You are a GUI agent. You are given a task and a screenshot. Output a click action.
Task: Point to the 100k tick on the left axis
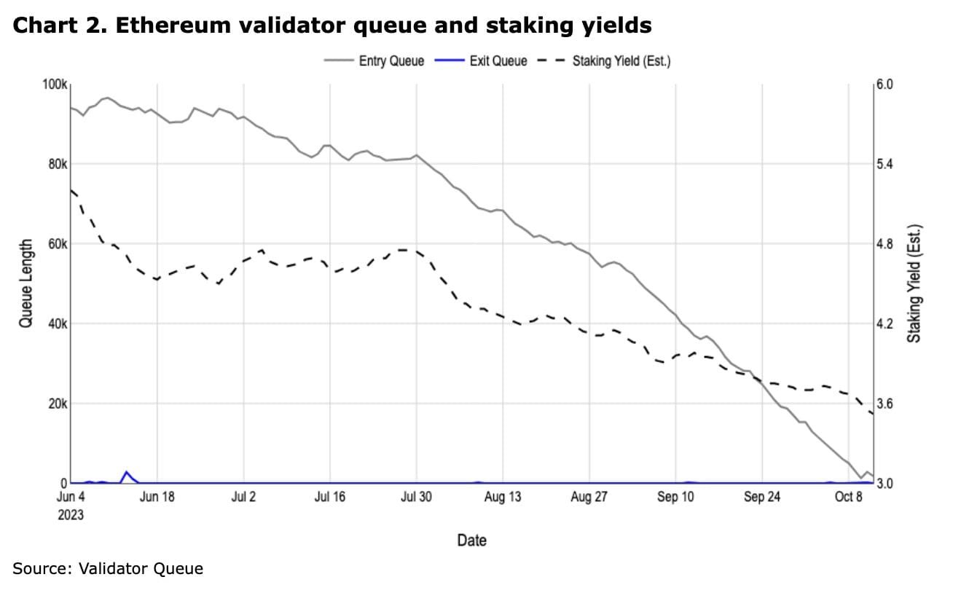tap(54, 85)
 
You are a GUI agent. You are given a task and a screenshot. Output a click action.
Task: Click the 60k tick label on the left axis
tap(57, 244)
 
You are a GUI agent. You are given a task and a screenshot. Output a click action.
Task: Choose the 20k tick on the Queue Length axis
tap(57, 404)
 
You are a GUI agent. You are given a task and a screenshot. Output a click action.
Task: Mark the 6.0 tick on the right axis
tap(884, 85)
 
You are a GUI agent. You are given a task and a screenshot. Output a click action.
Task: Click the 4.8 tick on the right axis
tap(884, 244)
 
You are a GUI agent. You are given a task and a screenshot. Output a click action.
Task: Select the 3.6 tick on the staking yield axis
tap(884, 404)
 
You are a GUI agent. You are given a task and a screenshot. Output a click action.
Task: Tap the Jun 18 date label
tap(157, 498)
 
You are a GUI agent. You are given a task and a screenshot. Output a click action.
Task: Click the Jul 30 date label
tap(417, 498)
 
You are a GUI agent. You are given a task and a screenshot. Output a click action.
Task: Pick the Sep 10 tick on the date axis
tap(676, 498)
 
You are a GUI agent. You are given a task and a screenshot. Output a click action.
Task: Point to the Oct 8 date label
tap(849, 498)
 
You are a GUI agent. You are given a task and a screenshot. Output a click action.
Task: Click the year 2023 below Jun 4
tap(71, 515)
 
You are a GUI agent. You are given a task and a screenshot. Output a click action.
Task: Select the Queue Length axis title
tap(26, 283)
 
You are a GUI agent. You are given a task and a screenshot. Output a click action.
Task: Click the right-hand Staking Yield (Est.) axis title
tap(915, 283)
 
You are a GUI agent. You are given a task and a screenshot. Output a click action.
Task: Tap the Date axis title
tap(471, 541)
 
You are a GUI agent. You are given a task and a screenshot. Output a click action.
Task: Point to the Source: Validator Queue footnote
tap(108, 568)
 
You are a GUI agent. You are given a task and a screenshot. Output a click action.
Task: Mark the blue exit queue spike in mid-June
tap(126, 473)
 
